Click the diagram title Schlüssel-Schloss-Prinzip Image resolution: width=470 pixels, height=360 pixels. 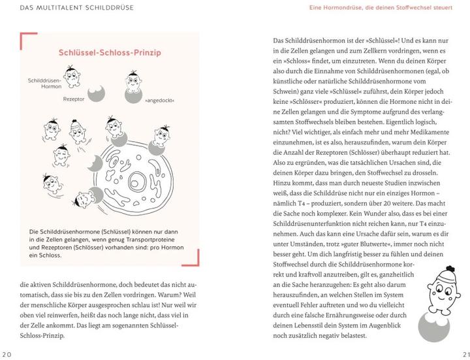pos(110,54)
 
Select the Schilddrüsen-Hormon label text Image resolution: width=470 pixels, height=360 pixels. pos(46,83)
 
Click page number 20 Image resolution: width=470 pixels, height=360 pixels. pos(8,354)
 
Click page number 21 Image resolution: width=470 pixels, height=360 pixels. pos(462,354)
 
